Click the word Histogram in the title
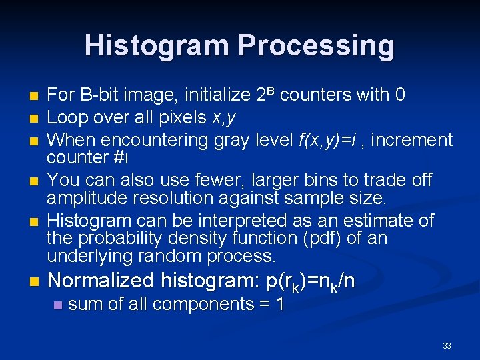[157, 45]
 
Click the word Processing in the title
[316, 45]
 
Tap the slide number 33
[447, 345]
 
